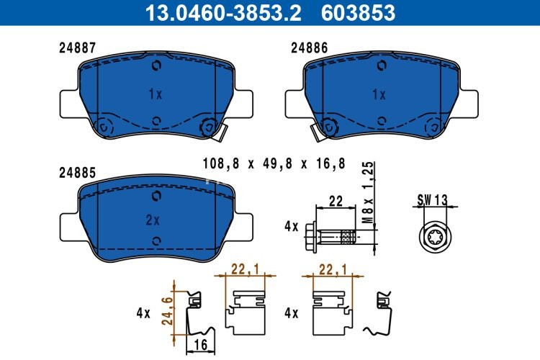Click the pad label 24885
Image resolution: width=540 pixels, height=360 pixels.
(x=78, y=173)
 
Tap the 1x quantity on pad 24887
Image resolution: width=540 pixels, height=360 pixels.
(x=156, y=94)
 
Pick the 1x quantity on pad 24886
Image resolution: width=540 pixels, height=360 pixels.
(x=379, y=94)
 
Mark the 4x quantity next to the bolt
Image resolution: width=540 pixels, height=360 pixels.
(x=291, y=226)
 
